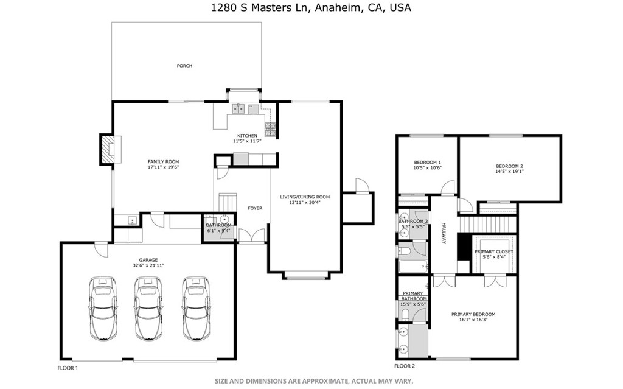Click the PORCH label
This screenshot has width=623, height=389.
pyautogui.click(x=184, y=66)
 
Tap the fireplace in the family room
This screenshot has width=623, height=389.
pyautogui.click(x=108, y=149)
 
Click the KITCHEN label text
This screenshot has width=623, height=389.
pyautogui.click(x=247, y=135)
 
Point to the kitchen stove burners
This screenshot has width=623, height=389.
pyautogui.click(x=270, y=128)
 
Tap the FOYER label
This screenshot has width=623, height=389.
pyautogui.click(x=255, y=208)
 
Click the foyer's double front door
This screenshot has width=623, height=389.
pyautogui.click(x=252, y=236)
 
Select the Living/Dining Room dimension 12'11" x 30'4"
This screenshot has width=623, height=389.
pyautogui.click(x=304, y=203)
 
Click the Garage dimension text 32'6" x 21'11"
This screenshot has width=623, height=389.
pyautogui.click(x=149, y=265)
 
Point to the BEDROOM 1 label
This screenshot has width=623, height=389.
pyautogui.click(x=426, y=162)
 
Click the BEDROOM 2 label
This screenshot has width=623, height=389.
pyautogui.click(x=509, y=166)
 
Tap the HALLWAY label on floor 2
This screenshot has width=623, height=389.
pyautogui.click(x=444, y=233)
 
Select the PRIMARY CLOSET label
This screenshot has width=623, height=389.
pyautogui.click(x=493, y=251)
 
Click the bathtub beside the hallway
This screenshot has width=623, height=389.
pyautogui.click(x=412, y=267)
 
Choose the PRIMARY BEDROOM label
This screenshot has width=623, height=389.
pyautogui.click(x=473, y=314)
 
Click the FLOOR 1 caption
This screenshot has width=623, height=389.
pyautogui.click(x=68, y=368)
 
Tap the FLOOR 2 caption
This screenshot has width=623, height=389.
pyautogui.click(x=404, y=366)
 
